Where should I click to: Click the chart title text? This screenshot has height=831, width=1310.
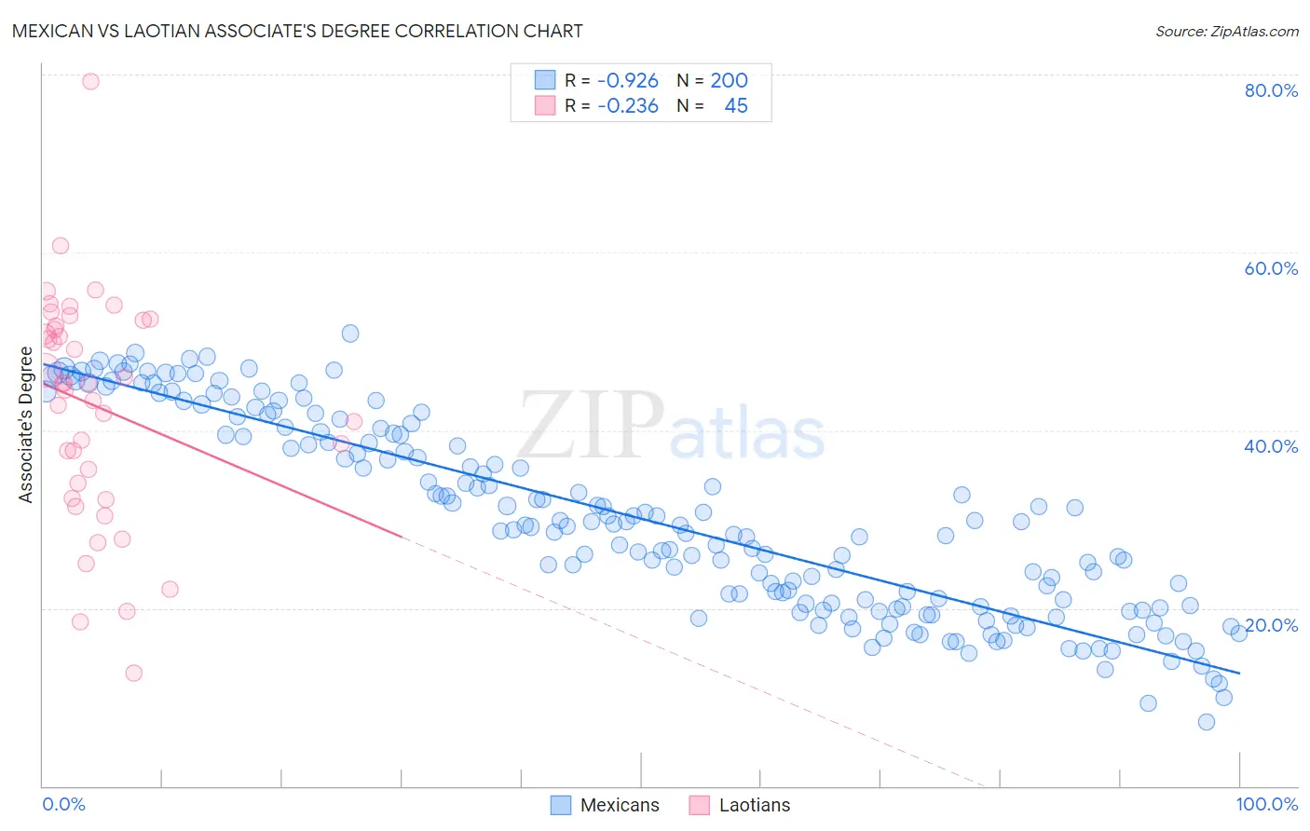pyautogui.click(x=297, y=31)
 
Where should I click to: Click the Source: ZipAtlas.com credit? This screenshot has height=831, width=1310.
pyautogui.click(x=1226, y=31)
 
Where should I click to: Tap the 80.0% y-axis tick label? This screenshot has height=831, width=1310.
pyautogui.click(x=1271, y=90)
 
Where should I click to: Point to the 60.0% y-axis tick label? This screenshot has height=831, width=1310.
pyautogui.click(x=1271, y=268)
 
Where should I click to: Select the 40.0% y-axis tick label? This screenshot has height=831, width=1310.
pyautogui.click(x=1271, y=446)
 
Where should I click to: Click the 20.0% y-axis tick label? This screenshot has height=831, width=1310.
pyautogui.click(x=1271, y=625)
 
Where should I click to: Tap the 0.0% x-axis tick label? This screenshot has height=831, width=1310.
pyautogui.click(x=63, y=804)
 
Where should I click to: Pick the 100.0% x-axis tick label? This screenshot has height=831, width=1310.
pyautogui.click(x=1266, y=804)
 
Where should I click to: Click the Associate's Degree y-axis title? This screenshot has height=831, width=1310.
pyautogui.click(x=26, y=424)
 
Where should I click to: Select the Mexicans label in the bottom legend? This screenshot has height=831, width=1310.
pyautogui.click(x=620, y=805)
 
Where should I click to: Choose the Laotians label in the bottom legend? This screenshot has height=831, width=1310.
pyautogui.click(x=755, y=805)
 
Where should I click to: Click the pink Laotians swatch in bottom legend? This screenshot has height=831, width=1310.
pyautogui.click(x=699, y=805)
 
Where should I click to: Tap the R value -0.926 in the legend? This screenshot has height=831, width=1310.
pyautogui.click(x=628, y=81)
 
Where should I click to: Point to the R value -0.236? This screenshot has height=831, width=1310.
pyautogui.click(x=628, y=106)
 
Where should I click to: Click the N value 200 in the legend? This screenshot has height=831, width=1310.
pyautogui.click(x=729, y=81)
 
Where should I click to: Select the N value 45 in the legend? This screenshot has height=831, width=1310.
pyautogui.click(x=735, y=106)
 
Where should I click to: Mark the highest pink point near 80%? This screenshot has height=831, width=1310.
pyautogui.click(x=90, y=81)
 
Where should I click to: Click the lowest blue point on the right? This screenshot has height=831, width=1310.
pyautogui.click(x=1206, y=722)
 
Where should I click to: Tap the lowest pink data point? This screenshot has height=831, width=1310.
pyautogui.click(x=133, y=673)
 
